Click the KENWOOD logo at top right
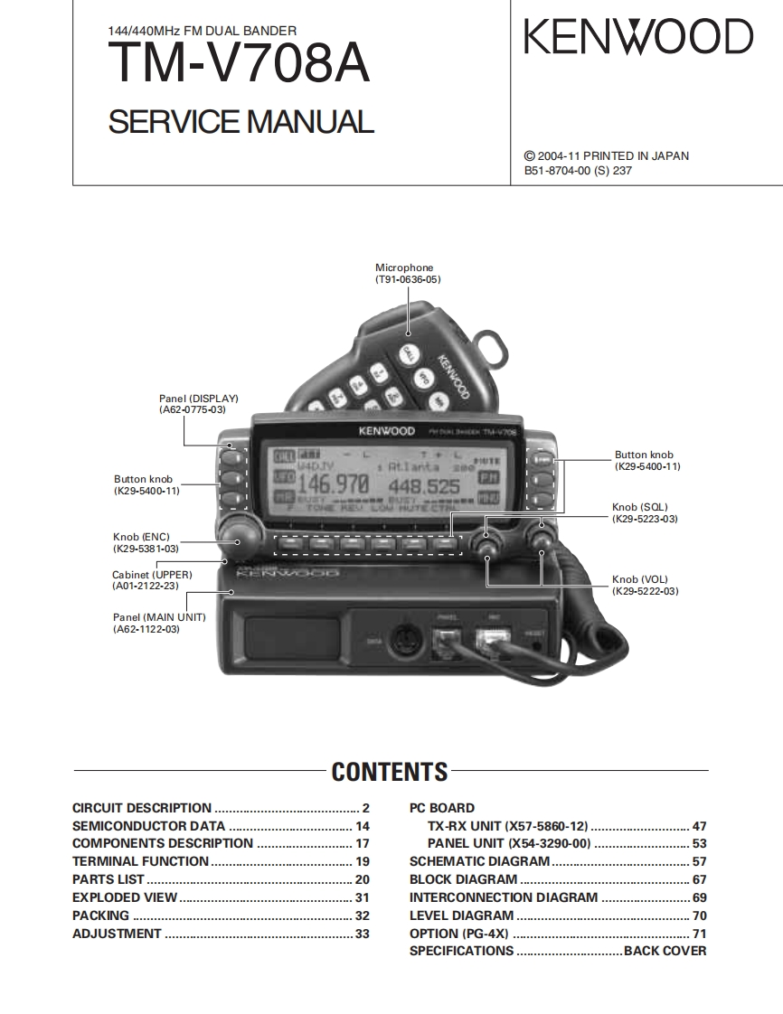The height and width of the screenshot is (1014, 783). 638,38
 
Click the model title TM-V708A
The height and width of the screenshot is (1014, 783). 239,65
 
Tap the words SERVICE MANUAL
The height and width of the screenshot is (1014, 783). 241,122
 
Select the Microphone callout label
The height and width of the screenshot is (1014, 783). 404,274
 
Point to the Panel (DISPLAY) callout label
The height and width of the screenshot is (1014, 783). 198,404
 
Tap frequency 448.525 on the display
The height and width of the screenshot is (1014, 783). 424,486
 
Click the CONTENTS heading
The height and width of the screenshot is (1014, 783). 390,772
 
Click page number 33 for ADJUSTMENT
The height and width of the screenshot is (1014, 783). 362,934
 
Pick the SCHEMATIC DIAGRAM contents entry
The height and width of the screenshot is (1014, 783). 479,861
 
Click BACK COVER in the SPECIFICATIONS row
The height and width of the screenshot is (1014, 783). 665,951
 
